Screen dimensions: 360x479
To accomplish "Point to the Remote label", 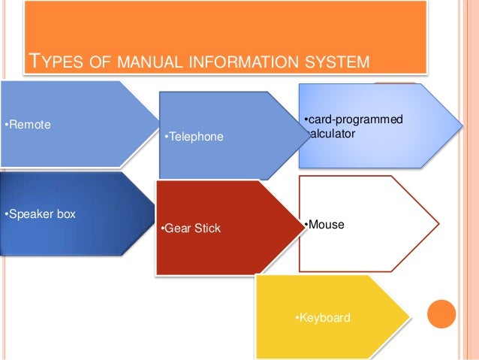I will coord(28,124).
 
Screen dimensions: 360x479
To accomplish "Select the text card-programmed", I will coord(353,119).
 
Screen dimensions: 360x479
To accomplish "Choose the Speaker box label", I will coord(41,214).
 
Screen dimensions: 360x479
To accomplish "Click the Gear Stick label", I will coord(191,228).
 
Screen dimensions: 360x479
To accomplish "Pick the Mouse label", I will coord(324,223).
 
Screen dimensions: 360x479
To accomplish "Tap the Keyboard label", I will coord(322,318).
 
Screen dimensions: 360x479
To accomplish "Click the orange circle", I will coord(441,315).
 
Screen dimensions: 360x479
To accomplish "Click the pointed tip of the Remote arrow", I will coord(160,124).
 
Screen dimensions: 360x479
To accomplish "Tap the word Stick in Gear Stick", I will coord(208,228).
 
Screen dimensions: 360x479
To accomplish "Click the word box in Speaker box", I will coord(66,214).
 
